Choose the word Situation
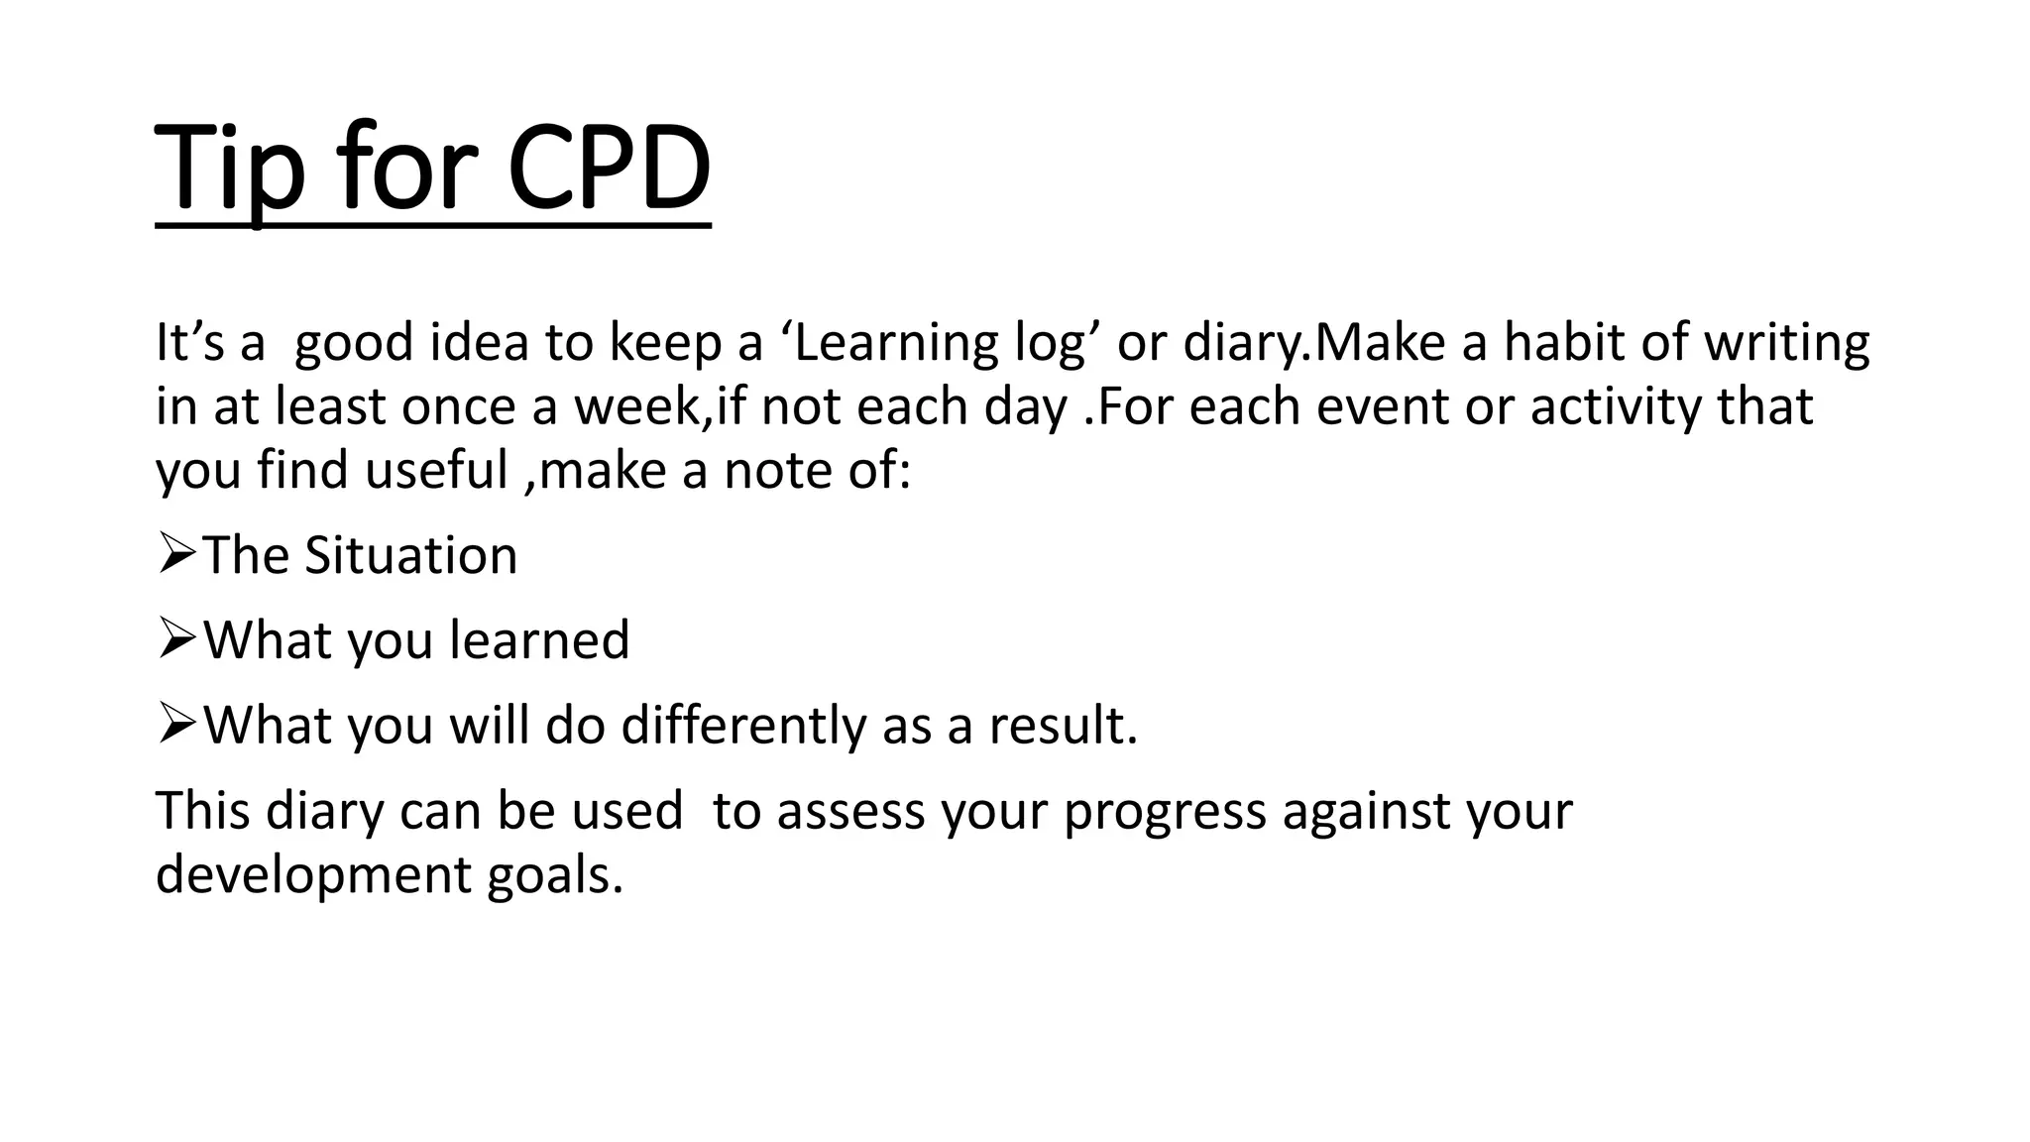point(410,555)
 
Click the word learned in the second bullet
point(539,640)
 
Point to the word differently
point(743,727)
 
